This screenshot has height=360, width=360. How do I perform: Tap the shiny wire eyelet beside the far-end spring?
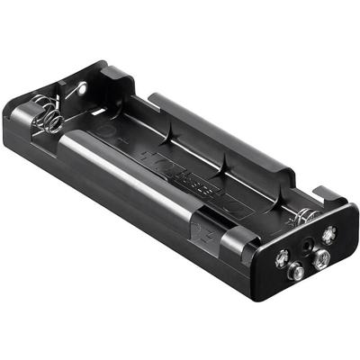[82, 88]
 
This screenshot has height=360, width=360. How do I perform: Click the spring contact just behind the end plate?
[305, 216]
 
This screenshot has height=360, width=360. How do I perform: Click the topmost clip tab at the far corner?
[112, 72]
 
